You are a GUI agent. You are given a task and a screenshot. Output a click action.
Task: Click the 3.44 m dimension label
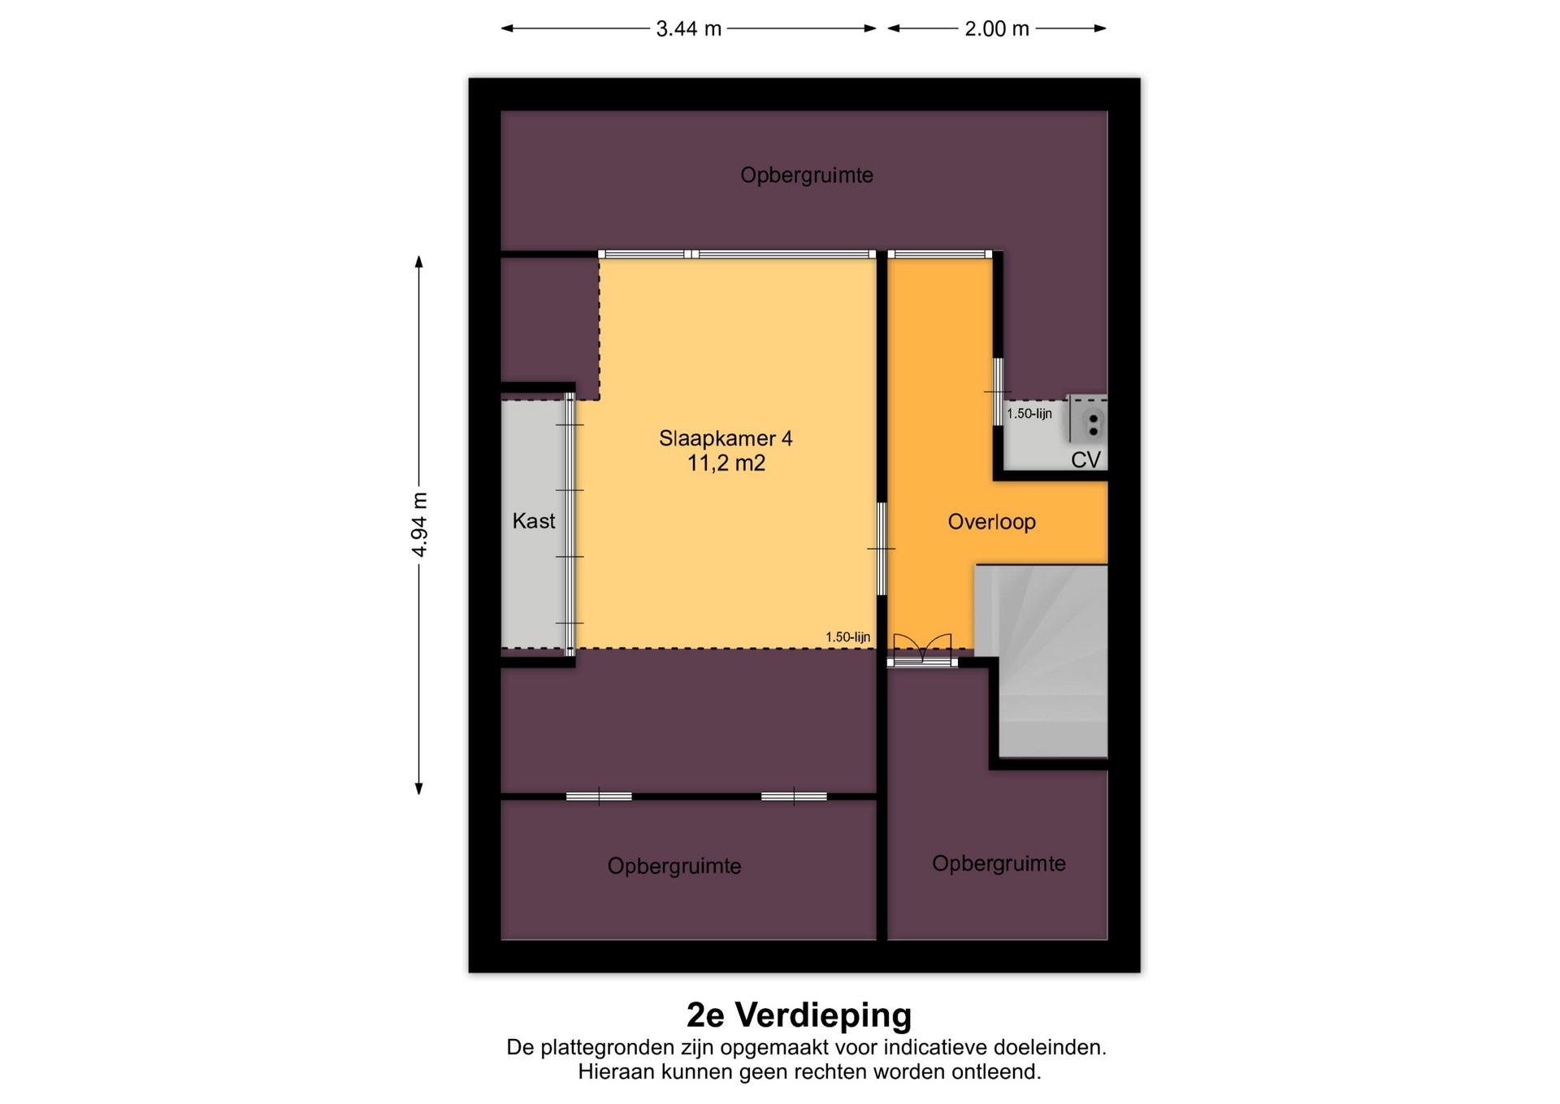tap(688, 29)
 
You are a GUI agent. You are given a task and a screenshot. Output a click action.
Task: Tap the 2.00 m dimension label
tap(996, 29)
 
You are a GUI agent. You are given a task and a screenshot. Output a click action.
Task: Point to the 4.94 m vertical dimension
tap(419, 525)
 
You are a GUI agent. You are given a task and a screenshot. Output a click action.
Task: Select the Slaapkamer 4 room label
tap(726, 438)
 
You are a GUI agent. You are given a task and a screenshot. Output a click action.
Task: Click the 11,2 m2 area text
tap(726, 463)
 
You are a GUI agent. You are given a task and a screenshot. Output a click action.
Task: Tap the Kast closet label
tap(534, 520)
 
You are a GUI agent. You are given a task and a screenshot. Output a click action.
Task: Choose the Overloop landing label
tap(991, 522)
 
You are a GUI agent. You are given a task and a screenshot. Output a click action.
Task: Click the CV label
tap(1085, 460)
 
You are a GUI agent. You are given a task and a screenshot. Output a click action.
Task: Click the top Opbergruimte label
tap(807, 176)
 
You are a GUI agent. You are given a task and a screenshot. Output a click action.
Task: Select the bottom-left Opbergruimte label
tap(674, 867)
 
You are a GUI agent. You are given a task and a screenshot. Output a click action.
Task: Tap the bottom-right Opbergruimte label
tap(999, 863)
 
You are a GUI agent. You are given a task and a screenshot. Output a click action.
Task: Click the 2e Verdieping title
tap(799, 1015)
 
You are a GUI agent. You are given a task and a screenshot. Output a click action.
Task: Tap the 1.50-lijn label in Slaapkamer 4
tap(847, 637)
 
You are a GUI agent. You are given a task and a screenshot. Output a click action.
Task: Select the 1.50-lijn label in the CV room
tap(1029, 414)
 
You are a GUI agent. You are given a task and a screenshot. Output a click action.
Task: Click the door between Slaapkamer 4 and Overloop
tap(882, 549)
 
